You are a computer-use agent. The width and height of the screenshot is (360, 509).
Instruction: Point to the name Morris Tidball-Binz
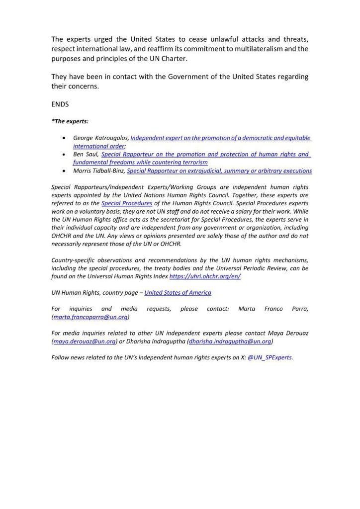pos(99,171)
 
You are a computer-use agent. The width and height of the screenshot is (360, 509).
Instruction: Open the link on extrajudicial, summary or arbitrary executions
pos(219,171)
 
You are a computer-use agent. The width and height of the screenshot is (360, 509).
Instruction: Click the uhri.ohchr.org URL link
pos(205,276)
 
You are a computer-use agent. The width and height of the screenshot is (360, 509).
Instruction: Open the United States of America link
pos(178,293)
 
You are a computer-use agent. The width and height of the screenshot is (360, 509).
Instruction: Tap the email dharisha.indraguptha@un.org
pos(230,341)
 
